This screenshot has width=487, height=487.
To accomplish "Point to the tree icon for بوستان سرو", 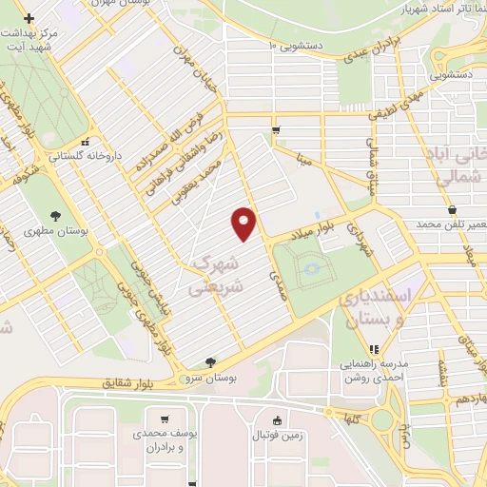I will (209, 361).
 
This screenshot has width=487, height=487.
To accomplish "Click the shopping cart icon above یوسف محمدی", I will (166, 419).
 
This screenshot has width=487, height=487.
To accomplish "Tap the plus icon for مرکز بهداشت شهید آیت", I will (29, 18).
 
